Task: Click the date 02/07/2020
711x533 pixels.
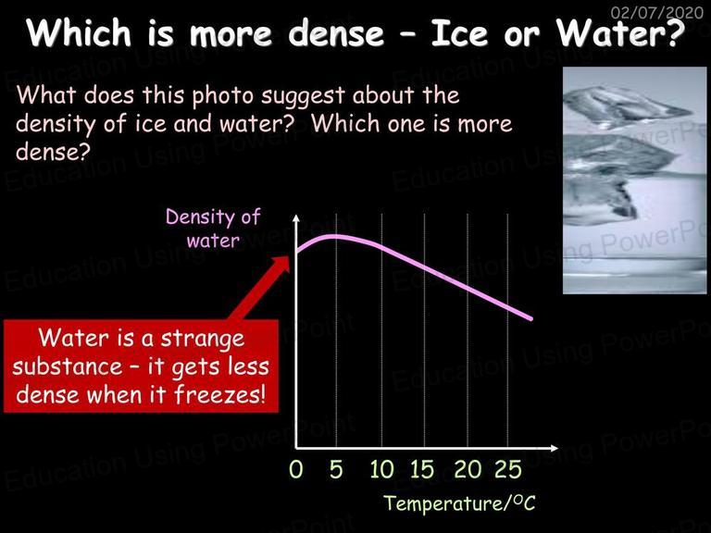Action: coord(656,12)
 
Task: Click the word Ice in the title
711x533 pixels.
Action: coord(459,33)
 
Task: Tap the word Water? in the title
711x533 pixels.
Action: coord(620,33)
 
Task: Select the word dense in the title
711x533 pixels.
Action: coord(335,33)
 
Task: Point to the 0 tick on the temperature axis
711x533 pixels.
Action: coord(295,469)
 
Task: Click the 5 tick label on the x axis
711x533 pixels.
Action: coord(336,469)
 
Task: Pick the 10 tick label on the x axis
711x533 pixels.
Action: coord(381,469)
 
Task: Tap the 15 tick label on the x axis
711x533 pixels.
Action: coord(422,469)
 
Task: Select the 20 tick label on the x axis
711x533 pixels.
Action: coord(468,469)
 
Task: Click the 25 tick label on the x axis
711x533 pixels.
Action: coord(508,469)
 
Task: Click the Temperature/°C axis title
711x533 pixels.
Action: coord(459,503)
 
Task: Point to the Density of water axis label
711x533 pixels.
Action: coord(213,229)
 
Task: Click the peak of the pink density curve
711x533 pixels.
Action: coord(334,237)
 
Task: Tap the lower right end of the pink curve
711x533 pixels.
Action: coord(531,318)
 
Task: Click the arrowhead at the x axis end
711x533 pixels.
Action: coord(554,448)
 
